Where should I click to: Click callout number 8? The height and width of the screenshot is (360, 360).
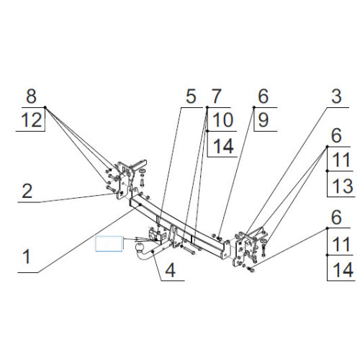click(x=32, y=96)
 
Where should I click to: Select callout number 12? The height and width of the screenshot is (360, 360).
click(x=32, y=120)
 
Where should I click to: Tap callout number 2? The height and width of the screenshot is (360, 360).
click(x=27, y=191)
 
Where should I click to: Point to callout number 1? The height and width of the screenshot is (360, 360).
click(x=27, y=256)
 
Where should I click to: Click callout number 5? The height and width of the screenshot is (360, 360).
click(x=191, y=96)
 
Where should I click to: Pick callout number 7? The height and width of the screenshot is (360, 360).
click(x=216, y=96)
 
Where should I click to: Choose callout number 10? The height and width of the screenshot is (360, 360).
click(x=222, y=120)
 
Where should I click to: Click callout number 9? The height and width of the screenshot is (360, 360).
click(x=264, y=120)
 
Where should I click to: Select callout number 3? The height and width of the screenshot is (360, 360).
click(x=336, y=96)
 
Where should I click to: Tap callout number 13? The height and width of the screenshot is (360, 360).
click(x=343, y=186)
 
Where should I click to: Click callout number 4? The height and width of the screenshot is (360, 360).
click(x=171, y=270)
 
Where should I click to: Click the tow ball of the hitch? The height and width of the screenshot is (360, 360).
click(x=140, y=248)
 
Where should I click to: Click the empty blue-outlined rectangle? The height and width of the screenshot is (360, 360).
click(x=109, y=243)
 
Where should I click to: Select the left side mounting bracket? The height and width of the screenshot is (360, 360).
click(x=125, y=180)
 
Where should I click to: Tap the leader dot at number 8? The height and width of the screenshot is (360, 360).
click(x=45, y=107)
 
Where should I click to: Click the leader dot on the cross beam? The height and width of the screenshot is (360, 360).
click(x=140, y=204)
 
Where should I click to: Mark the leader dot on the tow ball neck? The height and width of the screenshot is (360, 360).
click(x=153, y=252)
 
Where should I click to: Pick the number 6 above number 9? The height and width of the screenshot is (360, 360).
click(x=264, y=96)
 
